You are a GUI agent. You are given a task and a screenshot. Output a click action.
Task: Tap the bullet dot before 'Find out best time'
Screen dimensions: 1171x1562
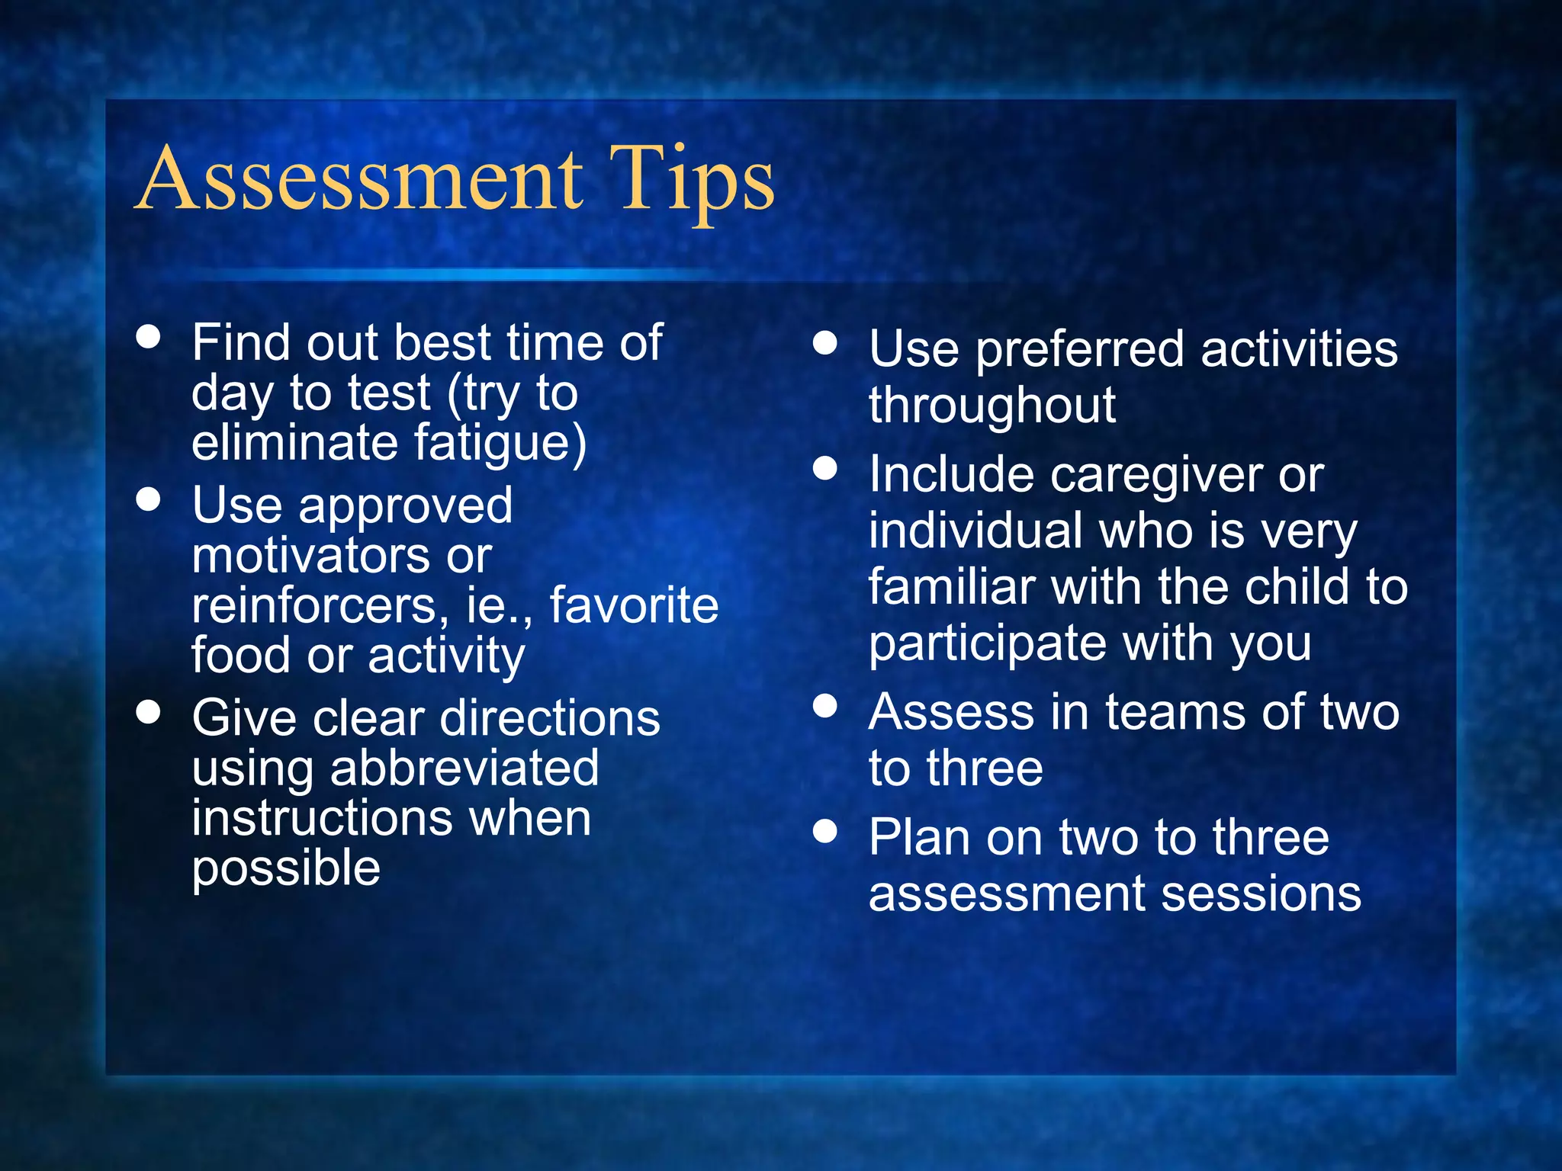(148, 337)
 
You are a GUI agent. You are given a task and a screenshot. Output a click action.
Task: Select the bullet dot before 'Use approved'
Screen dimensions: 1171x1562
(148, 499)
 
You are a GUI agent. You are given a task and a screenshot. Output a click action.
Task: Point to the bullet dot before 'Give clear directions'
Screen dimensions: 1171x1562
(148, 712)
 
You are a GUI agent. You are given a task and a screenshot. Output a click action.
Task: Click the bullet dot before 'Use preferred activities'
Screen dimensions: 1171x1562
(824, 343)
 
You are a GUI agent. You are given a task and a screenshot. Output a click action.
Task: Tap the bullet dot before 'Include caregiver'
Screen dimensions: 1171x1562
(824, 468)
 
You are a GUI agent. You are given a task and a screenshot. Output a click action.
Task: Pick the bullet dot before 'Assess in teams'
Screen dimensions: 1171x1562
(824, 706)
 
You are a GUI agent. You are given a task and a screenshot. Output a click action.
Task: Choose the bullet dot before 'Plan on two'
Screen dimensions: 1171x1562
(824, 831)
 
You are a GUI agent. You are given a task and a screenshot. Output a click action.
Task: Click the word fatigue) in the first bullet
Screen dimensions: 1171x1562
(500, 444)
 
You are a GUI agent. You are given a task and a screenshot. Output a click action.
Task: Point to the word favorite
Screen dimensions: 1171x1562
(634, 606)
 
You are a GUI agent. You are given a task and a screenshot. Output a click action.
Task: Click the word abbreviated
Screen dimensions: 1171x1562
(464, 768)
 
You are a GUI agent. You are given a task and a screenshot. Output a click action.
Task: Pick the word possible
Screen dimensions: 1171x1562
(286, 869)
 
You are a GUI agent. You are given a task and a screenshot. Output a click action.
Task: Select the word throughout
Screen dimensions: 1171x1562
(992, 406)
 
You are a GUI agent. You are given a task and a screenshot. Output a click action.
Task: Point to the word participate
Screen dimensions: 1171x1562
(988, 645)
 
